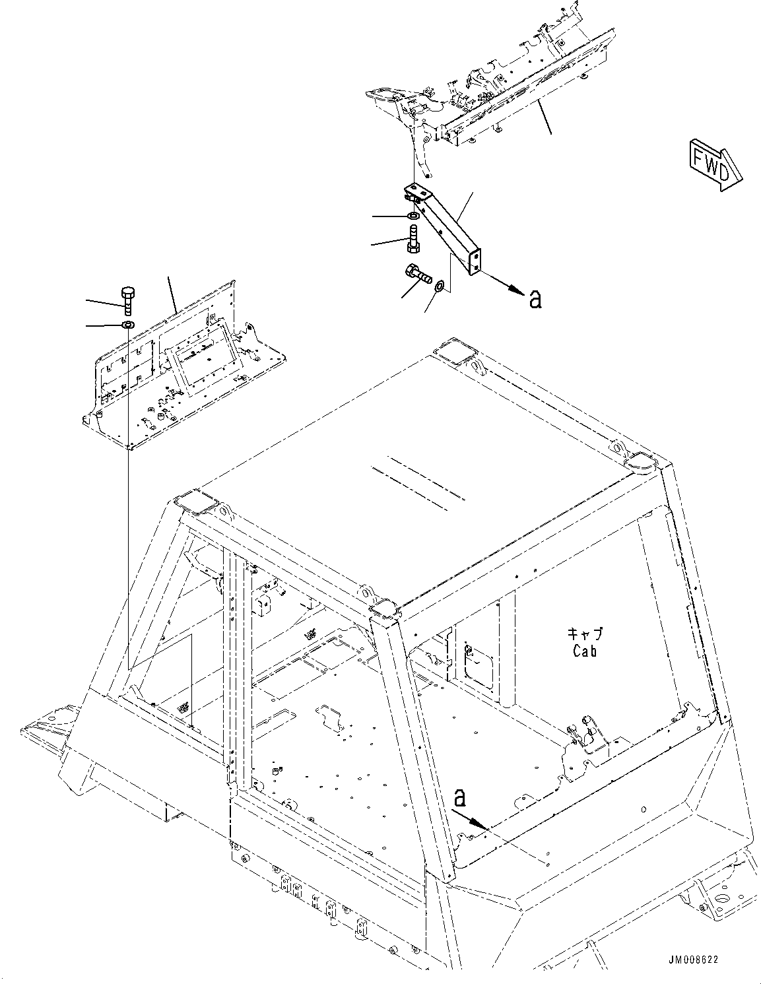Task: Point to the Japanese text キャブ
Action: [x=585, y=635]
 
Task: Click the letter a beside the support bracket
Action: [x=536, y=300]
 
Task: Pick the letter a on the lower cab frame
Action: [x=460, y=798]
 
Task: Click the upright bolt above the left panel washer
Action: [x=127, y=300]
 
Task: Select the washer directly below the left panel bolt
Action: [x=127, y=325]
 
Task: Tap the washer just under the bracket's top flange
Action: [x=413, y=216]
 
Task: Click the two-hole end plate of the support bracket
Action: [x=475, y=260]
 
